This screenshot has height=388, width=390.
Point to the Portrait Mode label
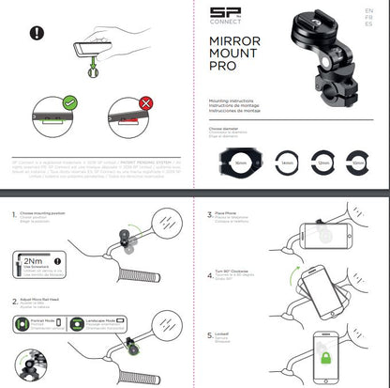pyautogui.click(x=55, y=319)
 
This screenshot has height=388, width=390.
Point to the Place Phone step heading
pyautogui.click(x=230, y=213)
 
